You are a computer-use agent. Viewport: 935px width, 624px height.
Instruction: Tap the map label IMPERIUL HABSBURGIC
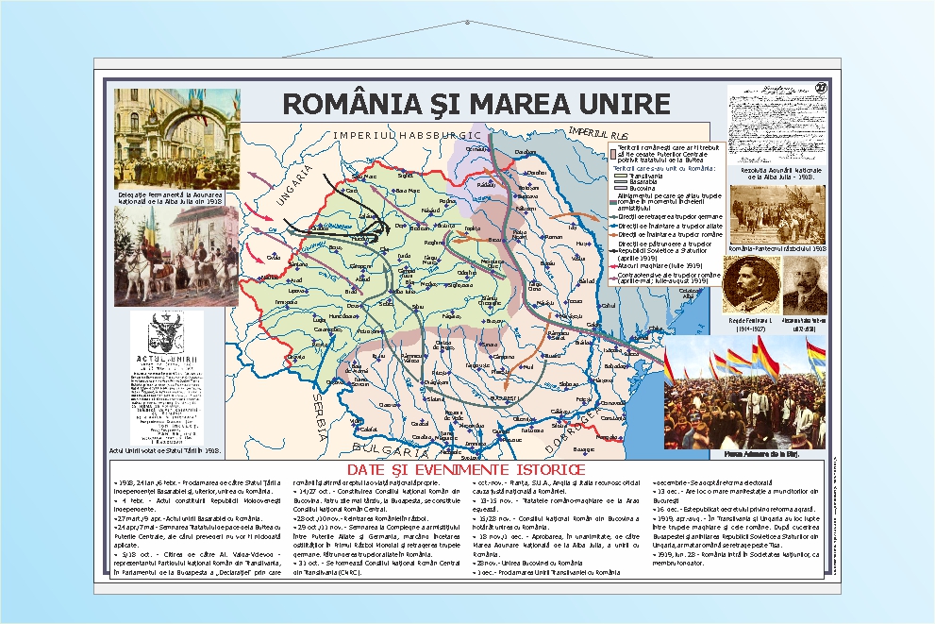[x=407, y=135]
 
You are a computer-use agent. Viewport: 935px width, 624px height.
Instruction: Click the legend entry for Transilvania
[x=647, y=176]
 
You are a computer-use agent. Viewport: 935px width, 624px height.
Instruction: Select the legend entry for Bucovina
[x=643, y=189]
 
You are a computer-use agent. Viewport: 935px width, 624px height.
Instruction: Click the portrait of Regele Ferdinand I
[x=751, y=283]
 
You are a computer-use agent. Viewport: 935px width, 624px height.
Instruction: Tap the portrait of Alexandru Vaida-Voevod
[x=805, y=286]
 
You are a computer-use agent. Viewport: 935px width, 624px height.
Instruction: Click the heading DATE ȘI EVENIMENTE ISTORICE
[x=466, y=469]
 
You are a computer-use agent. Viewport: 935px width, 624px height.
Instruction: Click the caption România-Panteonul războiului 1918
[x=777, y=248]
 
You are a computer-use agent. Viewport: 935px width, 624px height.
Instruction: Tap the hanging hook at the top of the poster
[x=467, y=23]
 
